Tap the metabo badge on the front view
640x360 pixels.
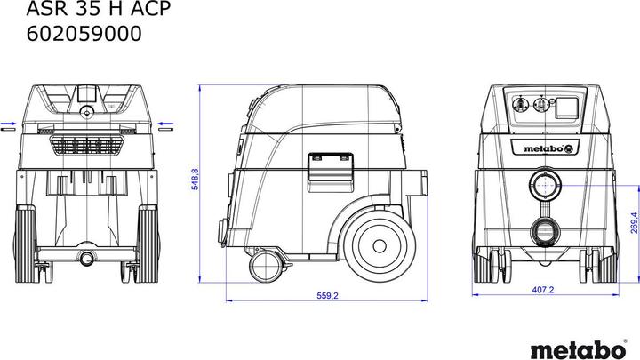click(x=540, y=150)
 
